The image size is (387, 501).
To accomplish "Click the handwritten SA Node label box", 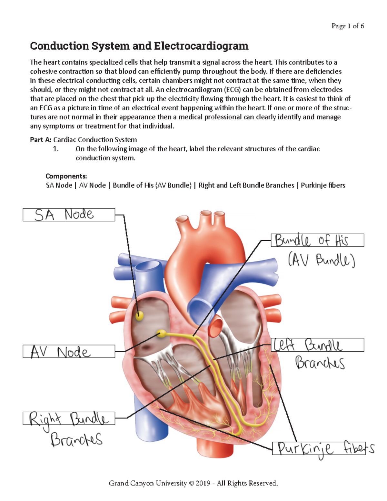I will [69, 215].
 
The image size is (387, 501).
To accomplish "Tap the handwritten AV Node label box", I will [69, 351].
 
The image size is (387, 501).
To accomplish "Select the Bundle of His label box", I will [317, 240].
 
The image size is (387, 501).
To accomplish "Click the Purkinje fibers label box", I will [319, 448].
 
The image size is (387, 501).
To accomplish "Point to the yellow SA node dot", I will [139, 315].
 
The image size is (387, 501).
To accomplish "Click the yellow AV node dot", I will [161, 334].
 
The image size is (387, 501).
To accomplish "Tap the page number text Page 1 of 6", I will [347, 26].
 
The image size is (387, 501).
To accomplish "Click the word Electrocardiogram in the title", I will [201, 46].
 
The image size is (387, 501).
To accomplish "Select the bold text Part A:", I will [41, 140].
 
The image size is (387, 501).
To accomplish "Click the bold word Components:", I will [66, 176].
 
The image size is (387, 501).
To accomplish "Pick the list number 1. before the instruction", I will [56, 149].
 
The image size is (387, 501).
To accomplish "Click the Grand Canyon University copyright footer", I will [193, 483].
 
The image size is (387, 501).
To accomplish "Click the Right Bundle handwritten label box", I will [69, 418].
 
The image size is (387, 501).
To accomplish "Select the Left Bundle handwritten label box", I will [317, 345].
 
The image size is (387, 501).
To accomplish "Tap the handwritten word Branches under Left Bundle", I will [320, 363].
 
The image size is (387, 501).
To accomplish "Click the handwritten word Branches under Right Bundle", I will [76, 439].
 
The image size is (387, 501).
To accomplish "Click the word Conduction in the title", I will [59, 46].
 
